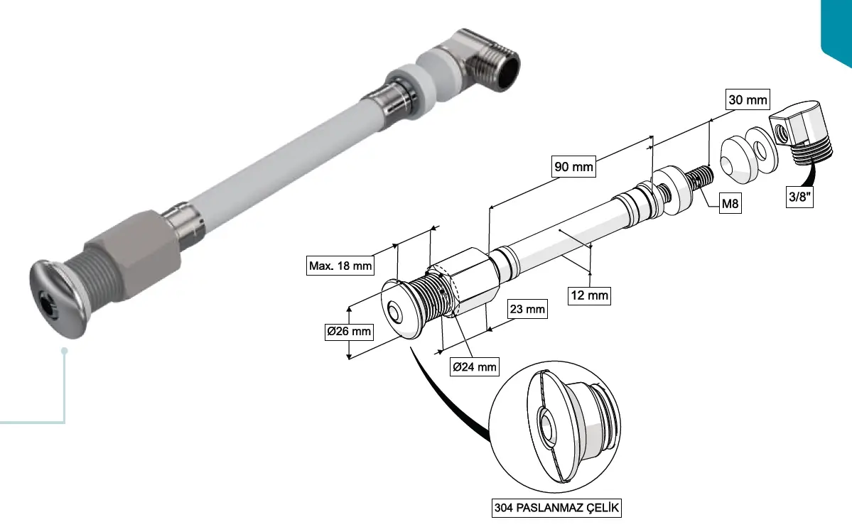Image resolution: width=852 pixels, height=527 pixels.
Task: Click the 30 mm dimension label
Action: (x=748, y=99)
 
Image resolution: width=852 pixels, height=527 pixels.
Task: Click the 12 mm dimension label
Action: (x=589, y=294)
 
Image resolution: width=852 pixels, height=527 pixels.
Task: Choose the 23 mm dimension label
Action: (x=527, y=309)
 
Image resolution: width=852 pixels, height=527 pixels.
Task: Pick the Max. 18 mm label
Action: (x=340, y=266)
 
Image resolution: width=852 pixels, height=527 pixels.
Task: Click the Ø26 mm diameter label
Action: (x=349, y=332)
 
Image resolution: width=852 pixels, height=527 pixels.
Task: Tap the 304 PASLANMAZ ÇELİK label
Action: (x=558, y=509)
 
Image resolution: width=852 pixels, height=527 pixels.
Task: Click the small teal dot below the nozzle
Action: (x=65, y=351)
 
